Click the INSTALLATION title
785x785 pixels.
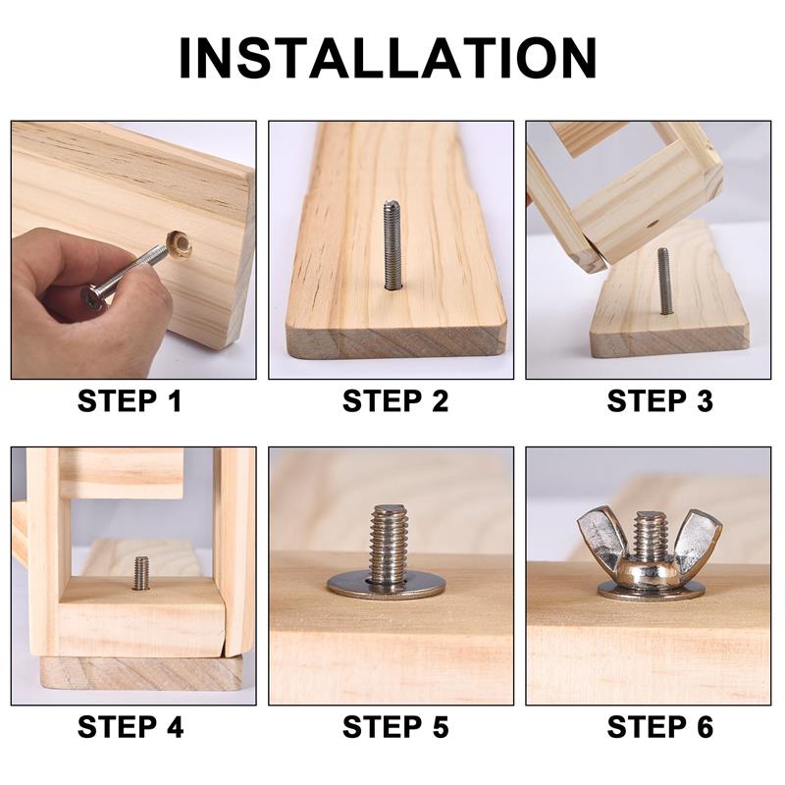click(389, 58)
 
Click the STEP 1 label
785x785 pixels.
click(130, 401)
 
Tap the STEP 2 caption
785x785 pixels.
click(394, 401)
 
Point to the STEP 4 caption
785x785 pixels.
click(130, 727)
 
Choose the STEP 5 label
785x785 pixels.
click(394, 727)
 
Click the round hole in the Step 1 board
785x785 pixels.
click(179, 243)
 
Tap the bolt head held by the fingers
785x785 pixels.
click(94, 296)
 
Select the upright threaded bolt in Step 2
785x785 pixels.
click(392, 245)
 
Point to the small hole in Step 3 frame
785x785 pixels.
click(652, 223)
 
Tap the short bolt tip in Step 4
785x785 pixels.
click(141, 573)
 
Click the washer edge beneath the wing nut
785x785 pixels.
click(651, 593)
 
